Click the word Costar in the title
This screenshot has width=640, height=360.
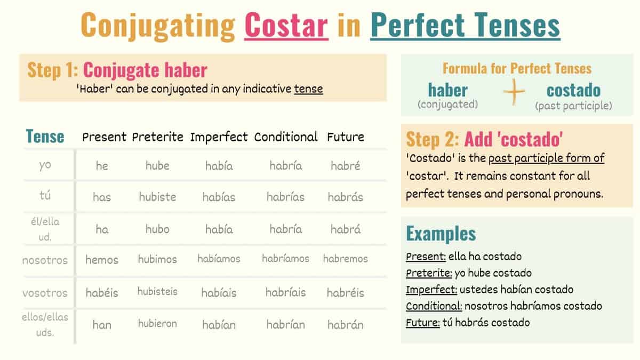point(286,25)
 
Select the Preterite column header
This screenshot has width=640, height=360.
point(157,137)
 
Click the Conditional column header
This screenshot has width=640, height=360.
point(286,137)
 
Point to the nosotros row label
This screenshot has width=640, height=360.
point(45,261)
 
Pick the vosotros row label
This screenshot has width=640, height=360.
point(45,293)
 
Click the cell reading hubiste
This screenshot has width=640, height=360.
point(157,197)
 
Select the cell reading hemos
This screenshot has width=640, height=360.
point(102,260)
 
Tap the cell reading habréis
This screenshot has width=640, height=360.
point(346,293)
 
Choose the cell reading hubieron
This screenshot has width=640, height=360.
point(157,324)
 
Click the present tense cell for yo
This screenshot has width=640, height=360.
point(102,166)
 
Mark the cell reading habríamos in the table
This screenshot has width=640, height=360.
point(286,259)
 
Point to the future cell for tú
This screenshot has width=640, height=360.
point(346,197)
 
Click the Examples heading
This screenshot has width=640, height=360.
point(441,234)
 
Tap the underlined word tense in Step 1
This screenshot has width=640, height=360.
point(308,89)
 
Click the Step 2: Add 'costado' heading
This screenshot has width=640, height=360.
point(484,139)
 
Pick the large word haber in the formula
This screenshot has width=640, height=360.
point(447,90)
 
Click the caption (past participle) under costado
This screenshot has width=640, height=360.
point(573,106)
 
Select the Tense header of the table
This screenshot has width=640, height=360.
point(45,137)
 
